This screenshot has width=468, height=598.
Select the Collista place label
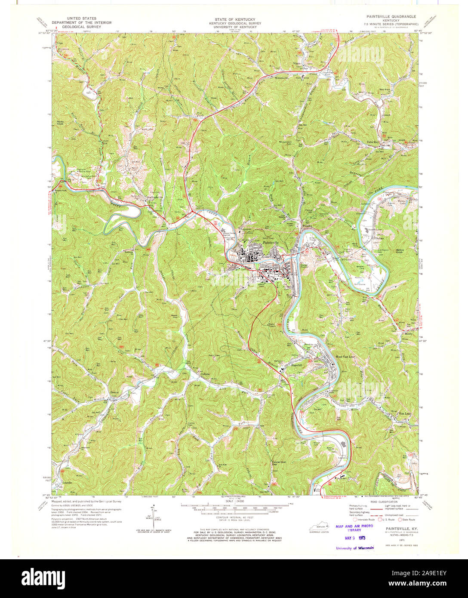click(x=205, y=375)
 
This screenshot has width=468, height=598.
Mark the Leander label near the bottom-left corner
click(x=68, y=483)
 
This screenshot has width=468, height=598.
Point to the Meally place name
click(x=408, y=333)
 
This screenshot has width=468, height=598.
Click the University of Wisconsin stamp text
click(x=355, y=548)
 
